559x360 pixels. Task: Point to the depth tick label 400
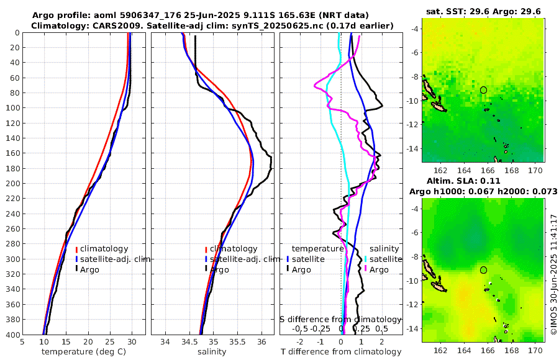[x=11, y=335]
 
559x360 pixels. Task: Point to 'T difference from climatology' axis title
[x=341, y=352]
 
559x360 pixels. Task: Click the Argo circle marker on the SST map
[x=483, y=90]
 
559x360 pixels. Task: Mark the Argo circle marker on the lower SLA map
[x=483, y=270]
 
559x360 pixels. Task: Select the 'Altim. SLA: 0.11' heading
[x=483, y=181]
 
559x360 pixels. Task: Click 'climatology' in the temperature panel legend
[x=104, y=248]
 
